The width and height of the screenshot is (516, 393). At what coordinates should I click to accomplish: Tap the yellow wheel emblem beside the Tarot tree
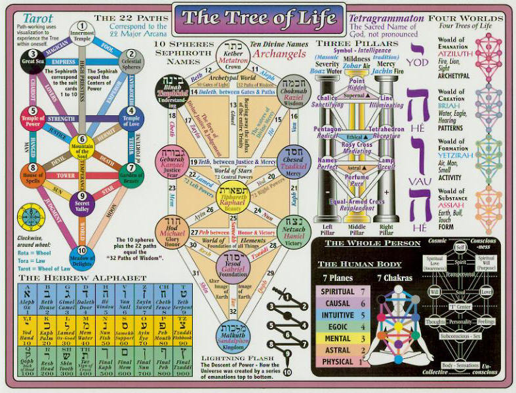(x=30, y=215)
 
